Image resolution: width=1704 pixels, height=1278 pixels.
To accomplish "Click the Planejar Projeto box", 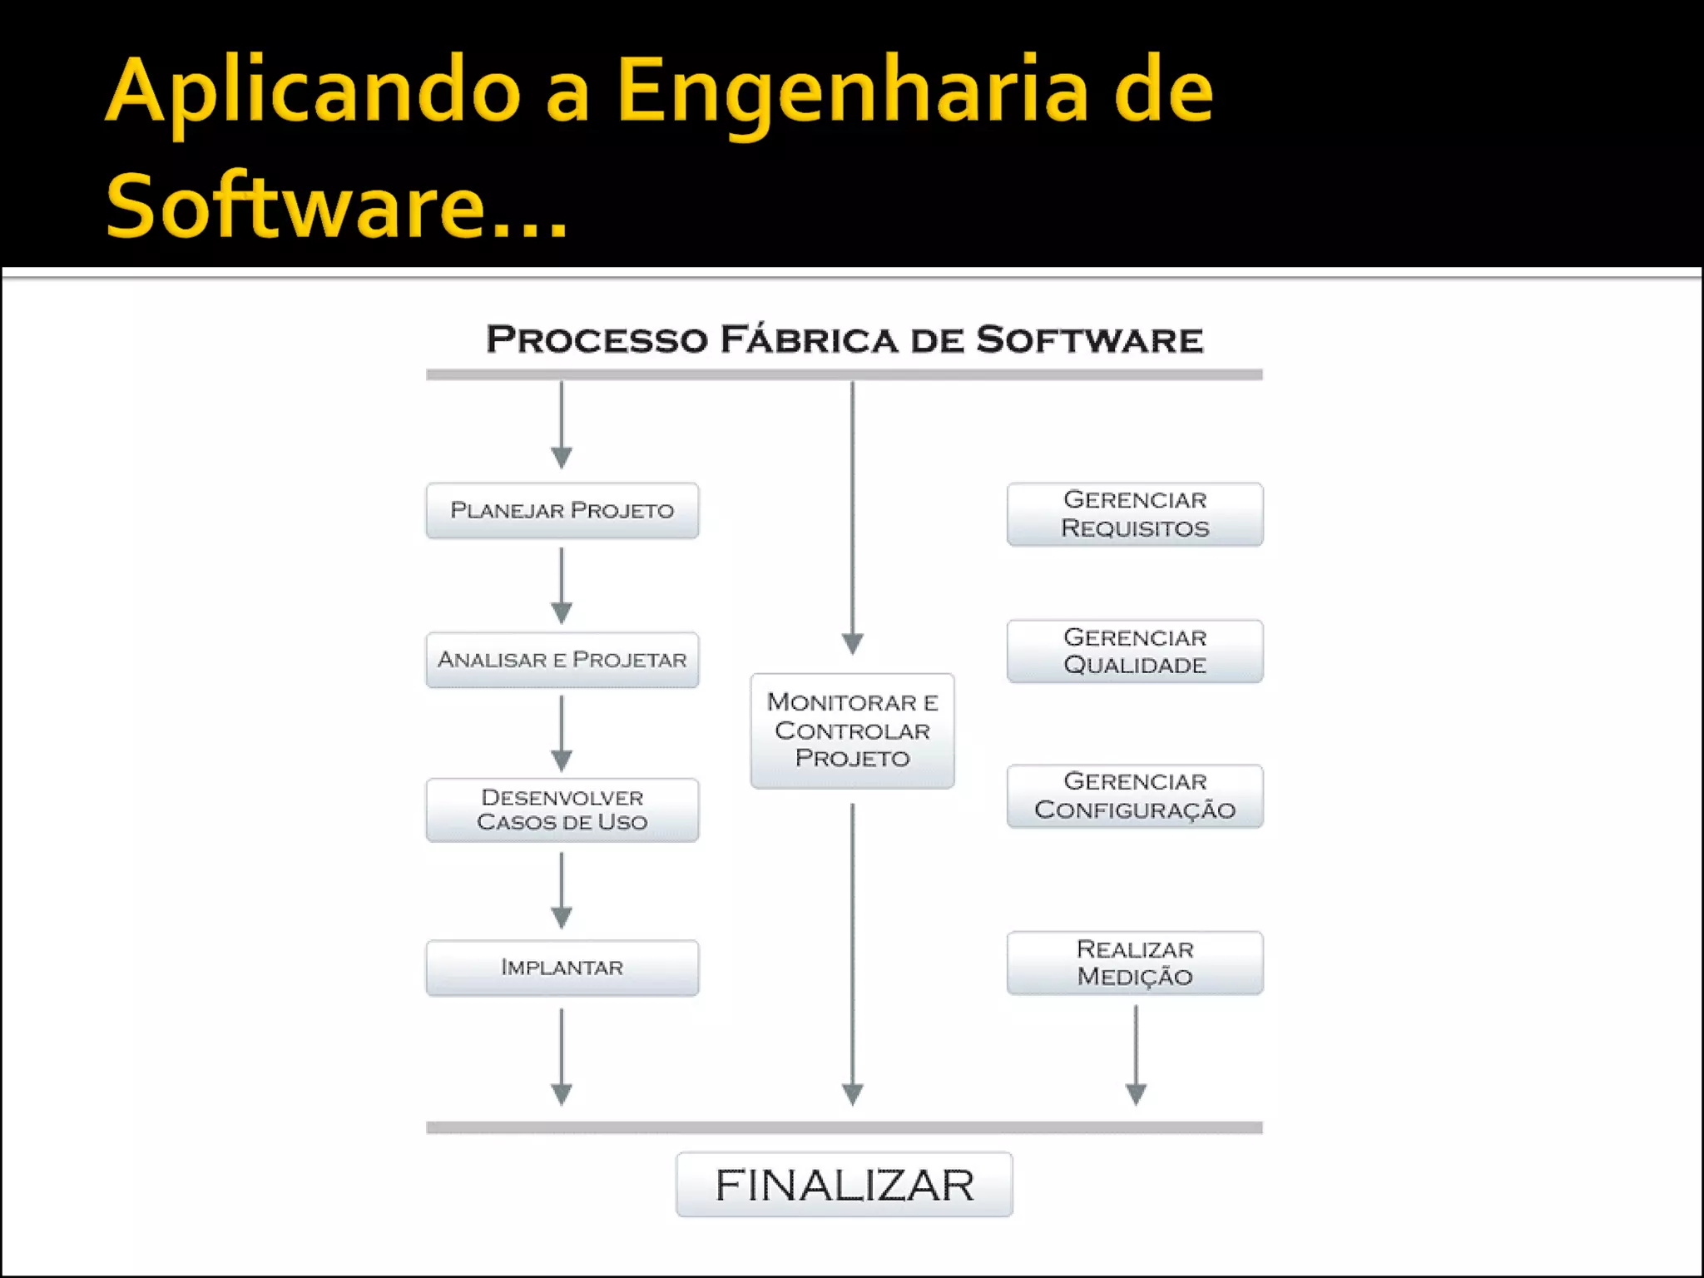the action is pos(562,510).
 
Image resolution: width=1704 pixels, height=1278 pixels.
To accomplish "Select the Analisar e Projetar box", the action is pos(562,660).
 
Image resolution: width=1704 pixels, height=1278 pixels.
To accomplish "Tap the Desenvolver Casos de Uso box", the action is pos(562,810).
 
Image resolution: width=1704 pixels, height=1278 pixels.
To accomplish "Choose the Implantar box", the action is pos(562,967).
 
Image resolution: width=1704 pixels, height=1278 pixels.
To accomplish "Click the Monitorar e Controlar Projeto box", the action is pos(852,731).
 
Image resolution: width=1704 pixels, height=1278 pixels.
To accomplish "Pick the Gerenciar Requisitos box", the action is pos(1135,514).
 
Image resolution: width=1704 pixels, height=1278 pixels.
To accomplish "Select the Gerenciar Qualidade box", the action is pos(1135,651).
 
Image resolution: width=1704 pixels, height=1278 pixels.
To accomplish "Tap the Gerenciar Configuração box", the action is pos(1135,796).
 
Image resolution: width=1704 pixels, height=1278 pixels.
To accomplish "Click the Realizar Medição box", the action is pos(1135,963).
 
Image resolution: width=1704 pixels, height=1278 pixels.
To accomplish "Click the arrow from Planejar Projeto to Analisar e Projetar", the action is pos(562,586).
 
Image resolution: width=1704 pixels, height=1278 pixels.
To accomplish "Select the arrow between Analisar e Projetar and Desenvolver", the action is pos(562,734).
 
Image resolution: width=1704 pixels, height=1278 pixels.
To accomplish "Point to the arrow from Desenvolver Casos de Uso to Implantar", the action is pos(562,891).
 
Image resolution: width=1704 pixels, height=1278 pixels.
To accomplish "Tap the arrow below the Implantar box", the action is pos(562,1057).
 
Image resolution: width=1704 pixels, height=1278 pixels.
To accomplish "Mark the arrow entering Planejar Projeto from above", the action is pos(562,425).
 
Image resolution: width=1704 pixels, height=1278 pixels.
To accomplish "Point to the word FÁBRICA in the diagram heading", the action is pos(809,340).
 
